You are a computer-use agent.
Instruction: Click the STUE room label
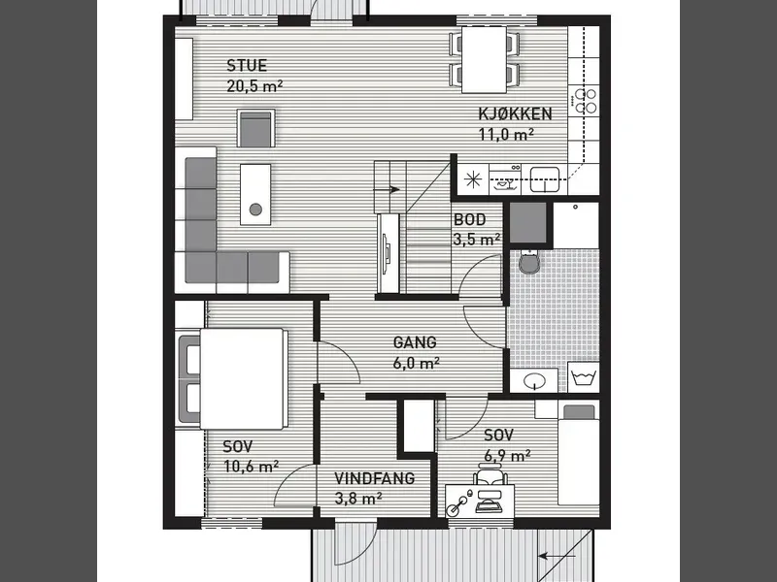tap(247, 65)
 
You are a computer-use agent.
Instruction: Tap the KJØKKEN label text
tap(515, 113)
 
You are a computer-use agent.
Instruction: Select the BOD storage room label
tap(470, 219)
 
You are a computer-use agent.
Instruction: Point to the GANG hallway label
tap(415, 342)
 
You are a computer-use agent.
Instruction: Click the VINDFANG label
tap(375, 478)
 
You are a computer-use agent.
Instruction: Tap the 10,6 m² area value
tap(252, 467)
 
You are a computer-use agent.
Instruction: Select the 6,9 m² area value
tap(507, 455)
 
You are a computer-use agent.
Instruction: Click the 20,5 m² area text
tap(254, 85)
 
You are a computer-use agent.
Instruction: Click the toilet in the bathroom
tap(528, 262)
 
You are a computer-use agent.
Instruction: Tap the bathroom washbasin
tap(534, 380)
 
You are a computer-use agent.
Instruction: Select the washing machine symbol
tap(584, 378)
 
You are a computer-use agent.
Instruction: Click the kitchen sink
tap(545, 179)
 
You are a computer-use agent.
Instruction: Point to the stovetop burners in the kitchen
tap(586, 101)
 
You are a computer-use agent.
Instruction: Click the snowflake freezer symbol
tap(473, 179)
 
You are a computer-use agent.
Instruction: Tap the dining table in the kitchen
tap(484, 60)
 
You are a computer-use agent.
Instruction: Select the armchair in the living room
tap(255, 129)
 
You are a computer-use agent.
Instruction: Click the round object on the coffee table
tap(255, 210)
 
